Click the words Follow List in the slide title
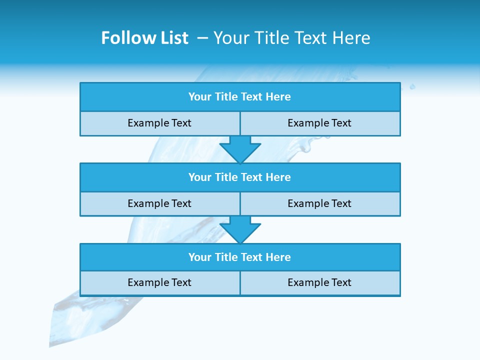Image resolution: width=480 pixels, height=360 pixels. point(144,38)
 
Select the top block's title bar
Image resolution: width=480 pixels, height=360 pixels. point(240,97)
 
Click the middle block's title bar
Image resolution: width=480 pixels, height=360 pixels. point(240,177)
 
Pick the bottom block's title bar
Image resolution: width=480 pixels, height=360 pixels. point(240,257)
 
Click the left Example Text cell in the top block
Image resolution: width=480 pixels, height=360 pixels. point(159,123)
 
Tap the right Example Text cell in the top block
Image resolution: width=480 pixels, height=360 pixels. point(320,123)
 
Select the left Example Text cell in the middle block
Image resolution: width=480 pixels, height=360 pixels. point(159,204)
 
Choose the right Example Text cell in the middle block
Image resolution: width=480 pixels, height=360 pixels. point(320,204)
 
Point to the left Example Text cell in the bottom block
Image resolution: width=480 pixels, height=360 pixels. point(159,283)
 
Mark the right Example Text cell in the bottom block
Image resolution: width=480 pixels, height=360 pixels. point(320,283)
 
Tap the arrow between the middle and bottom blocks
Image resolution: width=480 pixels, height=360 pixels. point(240,229)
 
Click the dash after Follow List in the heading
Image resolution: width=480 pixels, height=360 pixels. point(202,38)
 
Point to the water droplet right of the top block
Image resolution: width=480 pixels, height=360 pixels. point(412,86)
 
